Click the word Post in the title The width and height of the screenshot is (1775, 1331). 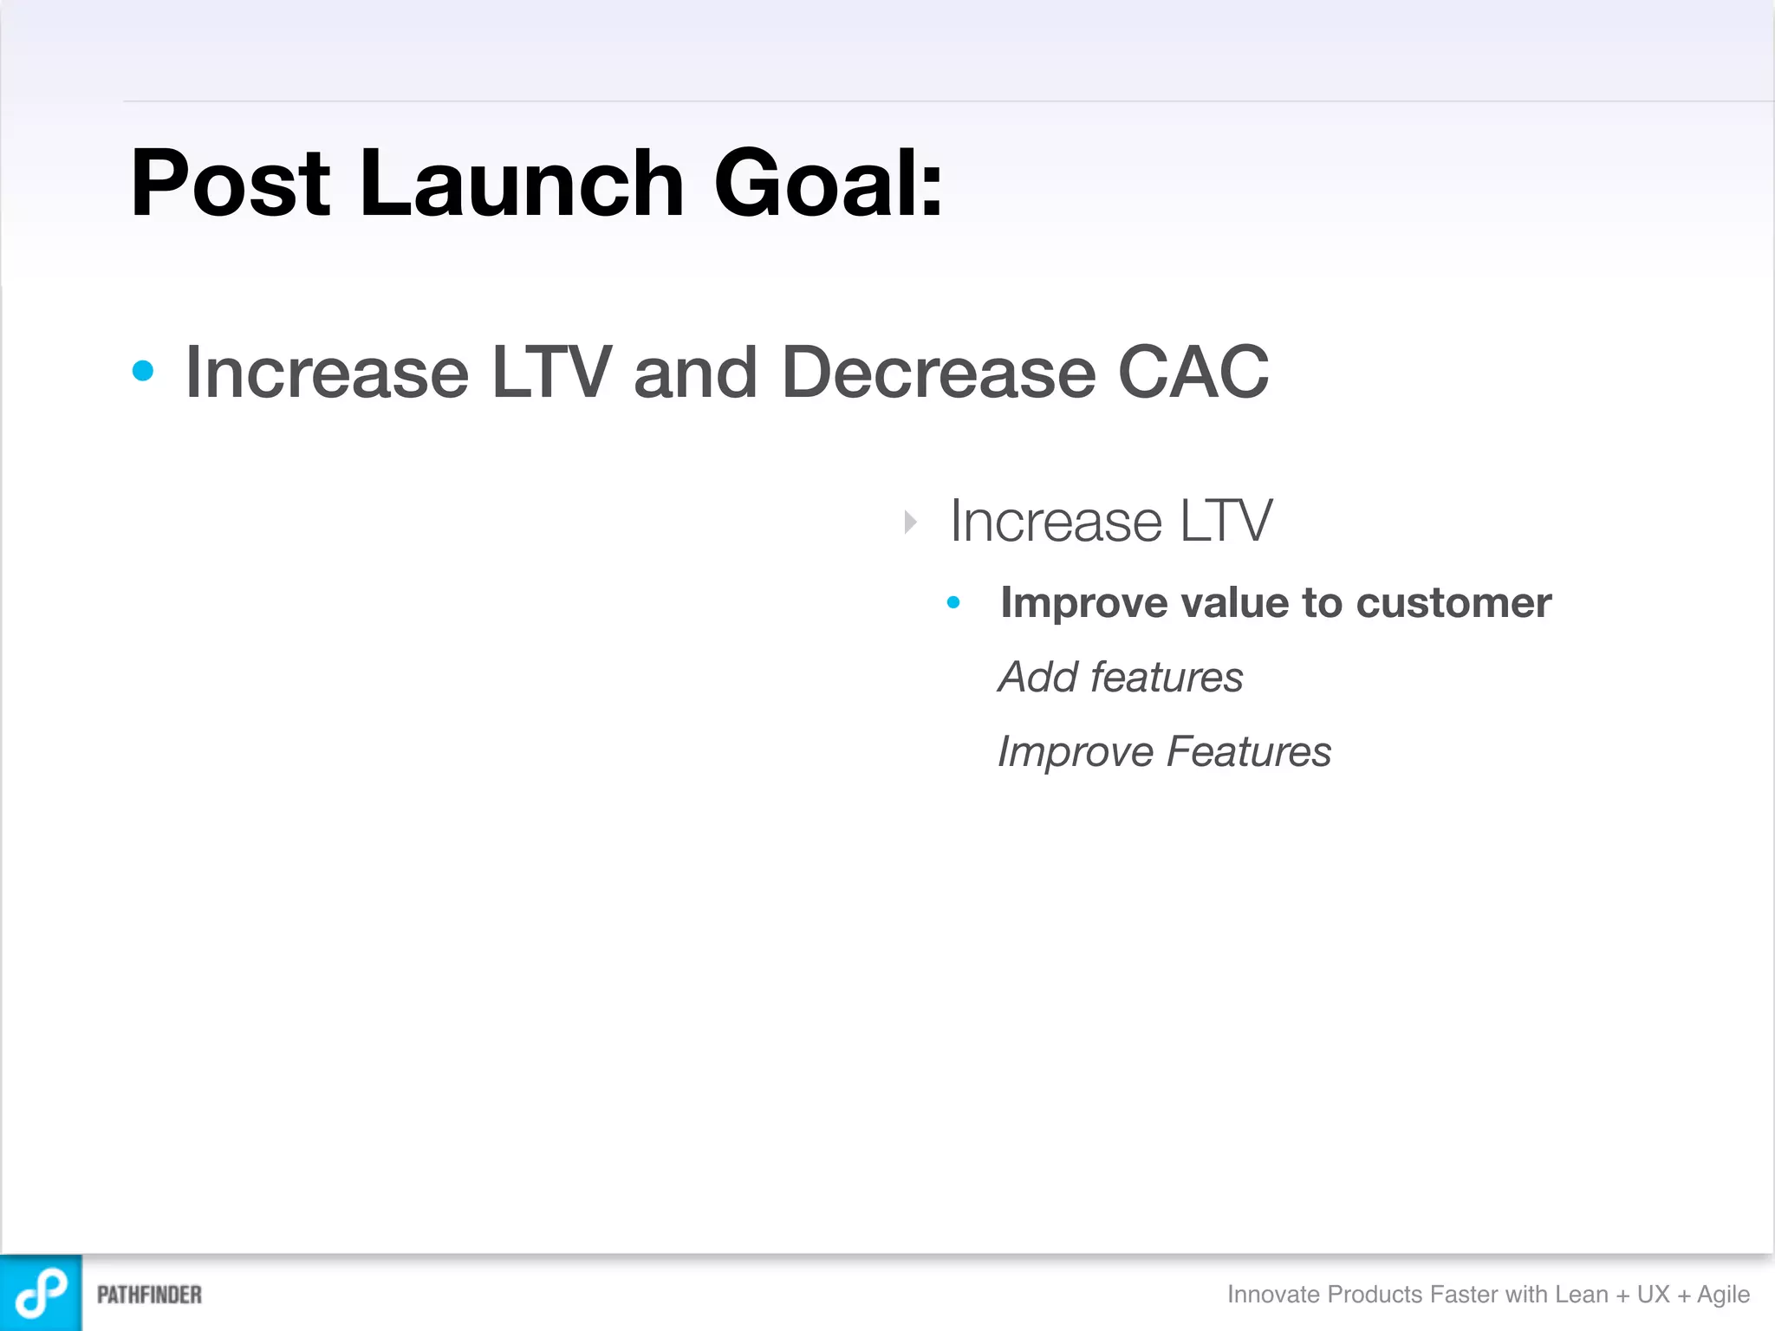coord(231,184)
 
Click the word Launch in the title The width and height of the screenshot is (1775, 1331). coord(522,184)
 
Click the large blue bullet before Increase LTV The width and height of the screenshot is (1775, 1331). coord(143,372)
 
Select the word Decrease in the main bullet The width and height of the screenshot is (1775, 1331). coord(939,373)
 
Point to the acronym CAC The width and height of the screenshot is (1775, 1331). coord(1193,373)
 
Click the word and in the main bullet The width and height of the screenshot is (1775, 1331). coord(695,373)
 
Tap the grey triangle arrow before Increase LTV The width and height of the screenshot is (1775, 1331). coord(910,522)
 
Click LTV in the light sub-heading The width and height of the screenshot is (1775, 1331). coord(1226,522)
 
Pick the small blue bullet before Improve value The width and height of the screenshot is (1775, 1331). coord(953,602)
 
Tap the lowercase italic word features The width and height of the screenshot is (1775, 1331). coord(1167,677)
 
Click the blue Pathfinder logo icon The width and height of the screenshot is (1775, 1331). coord(41,1293)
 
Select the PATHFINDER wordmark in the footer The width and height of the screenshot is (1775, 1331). coord(149,1295)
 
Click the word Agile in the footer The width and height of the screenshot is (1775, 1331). coord(1723,1295)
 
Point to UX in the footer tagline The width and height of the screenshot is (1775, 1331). coord(1653,1294)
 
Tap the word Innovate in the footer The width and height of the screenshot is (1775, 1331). coord(1273,1294)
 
